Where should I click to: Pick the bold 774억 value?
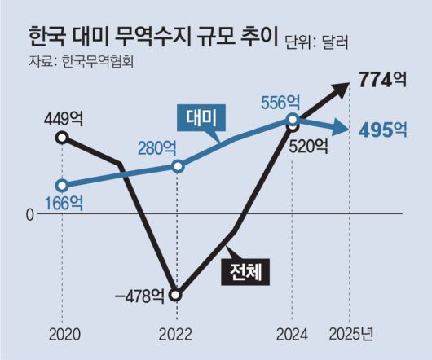(382, 81)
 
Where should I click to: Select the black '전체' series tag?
(249, 270)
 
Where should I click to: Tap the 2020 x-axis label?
(63, 334)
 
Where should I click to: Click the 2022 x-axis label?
(176, 334)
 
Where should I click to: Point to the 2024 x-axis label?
(292, 334)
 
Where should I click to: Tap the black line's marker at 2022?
(177, 294)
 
